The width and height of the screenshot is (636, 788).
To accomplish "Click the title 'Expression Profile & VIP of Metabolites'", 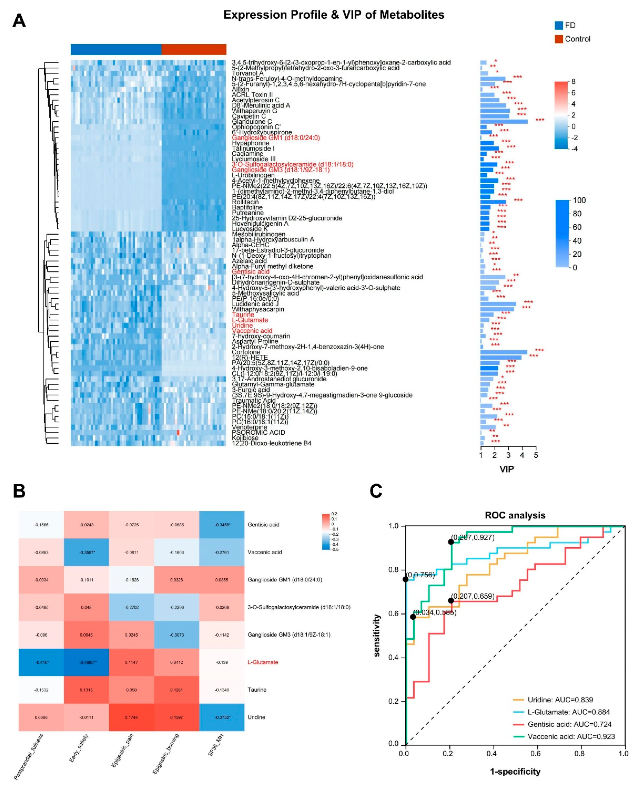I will [x=334, y=15].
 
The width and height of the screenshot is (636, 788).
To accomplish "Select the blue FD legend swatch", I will [x=559, y=25].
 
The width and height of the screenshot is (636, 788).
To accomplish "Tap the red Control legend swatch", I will [x=559, y=39].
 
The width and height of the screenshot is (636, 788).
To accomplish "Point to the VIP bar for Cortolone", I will [x=504, y=352].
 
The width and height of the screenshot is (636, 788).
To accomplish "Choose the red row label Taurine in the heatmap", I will [x=243, y=315].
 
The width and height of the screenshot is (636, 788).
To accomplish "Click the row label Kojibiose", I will [x=245, y=438].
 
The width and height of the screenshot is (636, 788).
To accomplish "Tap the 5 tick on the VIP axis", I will [x=536, y=455].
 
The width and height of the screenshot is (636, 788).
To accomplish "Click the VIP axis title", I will [x=507, y=469].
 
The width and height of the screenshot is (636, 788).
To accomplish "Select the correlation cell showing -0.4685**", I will [x=87, y=662].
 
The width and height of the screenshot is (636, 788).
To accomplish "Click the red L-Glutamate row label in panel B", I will [x=263, y=662].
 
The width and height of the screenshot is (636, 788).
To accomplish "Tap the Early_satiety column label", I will [x=79, y=748].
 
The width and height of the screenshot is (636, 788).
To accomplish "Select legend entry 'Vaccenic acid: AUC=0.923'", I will [x=571, y=736].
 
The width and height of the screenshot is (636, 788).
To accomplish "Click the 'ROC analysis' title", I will [x=515, y=515].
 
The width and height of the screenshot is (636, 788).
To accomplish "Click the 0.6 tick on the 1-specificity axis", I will [x=536, y=754].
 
